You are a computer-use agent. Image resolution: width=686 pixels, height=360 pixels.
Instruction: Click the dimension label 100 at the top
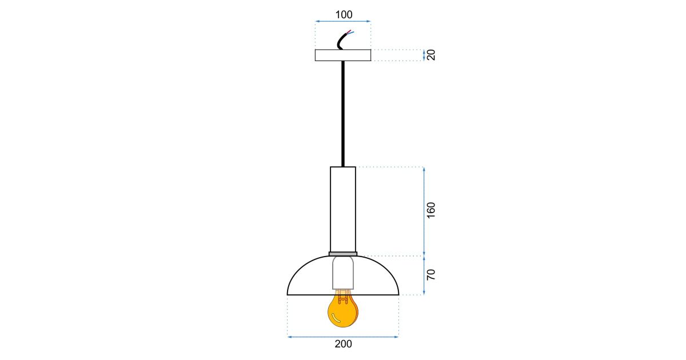pyautogui.click(x=344, y=14)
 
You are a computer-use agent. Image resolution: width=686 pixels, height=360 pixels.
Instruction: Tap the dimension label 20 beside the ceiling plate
pyautogui.click(x=431, y=55)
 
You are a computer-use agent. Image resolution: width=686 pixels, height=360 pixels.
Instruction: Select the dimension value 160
pyautogui.click(x=431, y=210)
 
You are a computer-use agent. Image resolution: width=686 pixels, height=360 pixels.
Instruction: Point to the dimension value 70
pyautogui.click(x=431, y=275)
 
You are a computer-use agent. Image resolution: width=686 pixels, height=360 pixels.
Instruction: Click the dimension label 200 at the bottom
pyautogui.click(x=344, y=344)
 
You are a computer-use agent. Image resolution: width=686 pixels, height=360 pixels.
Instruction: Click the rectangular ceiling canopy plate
pyautogui.click(x=343, y=55)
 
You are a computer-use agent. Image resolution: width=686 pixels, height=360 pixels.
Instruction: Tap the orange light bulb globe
pyautogui.click(x=342, y=311)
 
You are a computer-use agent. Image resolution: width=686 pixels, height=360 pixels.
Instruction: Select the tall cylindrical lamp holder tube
pyautogui.click(x=343, y=209)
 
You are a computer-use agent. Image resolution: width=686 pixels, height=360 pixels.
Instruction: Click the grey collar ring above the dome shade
pyautogui.click(x=343, y=254)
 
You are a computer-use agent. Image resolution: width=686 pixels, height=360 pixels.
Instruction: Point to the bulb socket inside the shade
pyautogui.click(x=343, y=273)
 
